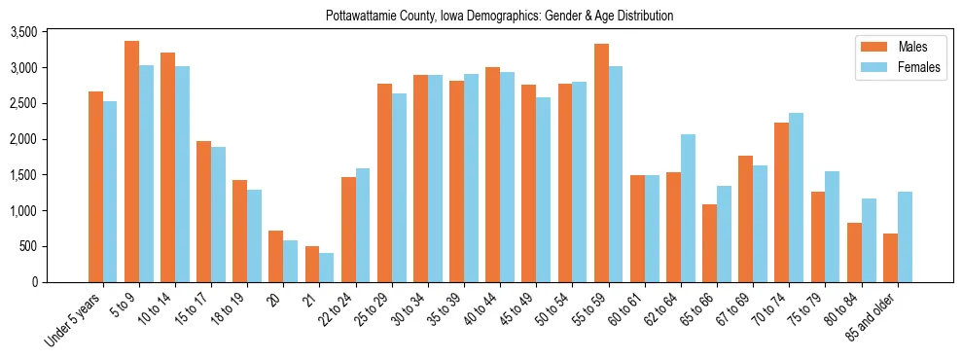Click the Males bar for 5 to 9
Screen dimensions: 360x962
pos(131,162)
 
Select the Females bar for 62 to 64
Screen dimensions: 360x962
pos(688,208)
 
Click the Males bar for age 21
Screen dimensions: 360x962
pos(312,264)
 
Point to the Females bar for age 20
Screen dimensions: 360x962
pos(291,261)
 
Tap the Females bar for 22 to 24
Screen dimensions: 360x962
pos(363,225)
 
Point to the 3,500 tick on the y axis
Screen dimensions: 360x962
pos(50,32)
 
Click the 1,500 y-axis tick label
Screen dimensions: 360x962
pos(50,175)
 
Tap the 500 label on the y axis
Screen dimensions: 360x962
pos(55,246)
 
